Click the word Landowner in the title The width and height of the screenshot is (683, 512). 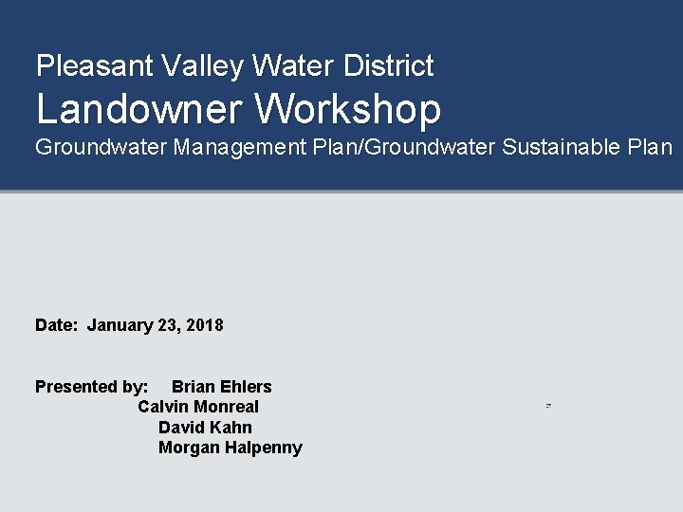coord(140,109)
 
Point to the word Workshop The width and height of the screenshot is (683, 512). coord(348,109)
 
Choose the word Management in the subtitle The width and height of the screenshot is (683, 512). coord(249,148)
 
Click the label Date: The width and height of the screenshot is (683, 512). coord(56,325)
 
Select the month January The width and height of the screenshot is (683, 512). coord(120,325)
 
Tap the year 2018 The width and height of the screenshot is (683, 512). coord(205,325)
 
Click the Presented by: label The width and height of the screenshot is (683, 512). coord(91,387)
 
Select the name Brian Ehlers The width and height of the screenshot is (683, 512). coord(221,387)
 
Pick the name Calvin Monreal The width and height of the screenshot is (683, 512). coord(197,407)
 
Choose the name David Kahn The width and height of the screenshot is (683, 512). coord(205,428)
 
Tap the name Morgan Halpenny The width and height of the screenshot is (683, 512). coord(230,448)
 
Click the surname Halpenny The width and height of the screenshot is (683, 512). coord(262,448)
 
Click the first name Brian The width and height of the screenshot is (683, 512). coord(194,387)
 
